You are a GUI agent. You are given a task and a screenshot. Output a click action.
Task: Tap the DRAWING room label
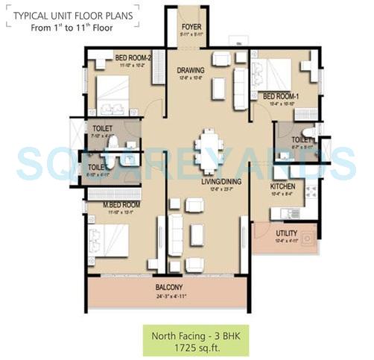click(191, 71)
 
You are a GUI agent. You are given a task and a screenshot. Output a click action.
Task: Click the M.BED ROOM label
click(121, 204)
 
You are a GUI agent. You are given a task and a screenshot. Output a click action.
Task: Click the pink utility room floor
click(285, 244)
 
